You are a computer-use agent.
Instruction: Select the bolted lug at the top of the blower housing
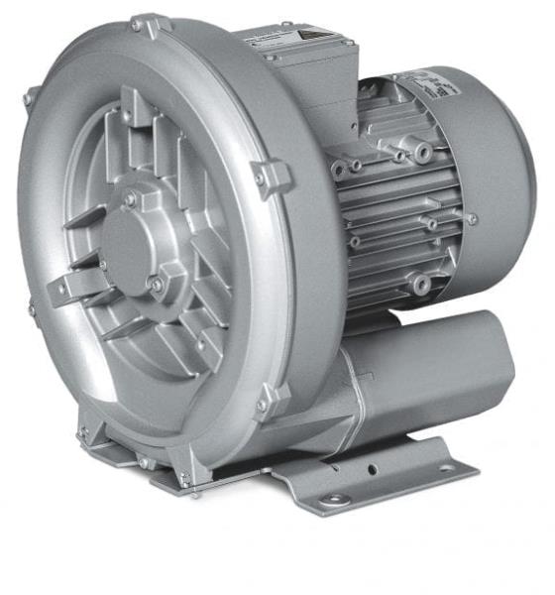(x=148, y=24)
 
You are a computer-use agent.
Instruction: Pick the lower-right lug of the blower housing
(x=271, y=401)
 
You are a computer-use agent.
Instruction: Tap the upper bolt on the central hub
(x=130, y=198)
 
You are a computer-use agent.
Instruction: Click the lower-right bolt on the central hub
(x=156, y=285)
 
